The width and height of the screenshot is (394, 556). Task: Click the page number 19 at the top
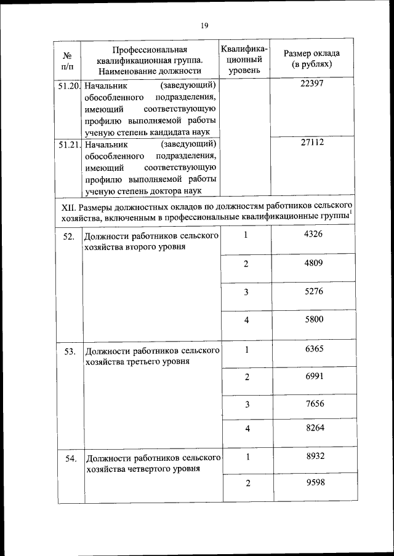(204, 25)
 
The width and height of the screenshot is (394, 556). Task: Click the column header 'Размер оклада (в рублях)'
(312, 58)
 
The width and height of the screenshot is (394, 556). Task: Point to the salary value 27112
(312, 142)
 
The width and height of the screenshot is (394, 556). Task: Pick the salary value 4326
(313, 234)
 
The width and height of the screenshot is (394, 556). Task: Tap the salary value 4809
(313, 263)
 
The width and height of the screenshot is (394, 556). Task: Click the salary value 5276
(313, 291)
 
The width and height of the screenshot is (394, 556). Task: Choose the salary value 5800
(313, 319)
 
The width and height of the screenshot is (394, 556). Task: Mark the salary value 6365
(313, 349)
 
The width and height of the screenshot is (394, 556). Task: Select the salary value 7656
(313, 404)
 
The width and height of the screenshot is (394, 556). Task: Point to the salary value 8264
(313, 428)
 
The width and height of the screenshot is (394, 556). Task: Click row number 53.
(70, 351)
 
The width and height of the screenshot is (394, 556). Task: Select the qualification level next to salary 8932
(247, 456)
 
